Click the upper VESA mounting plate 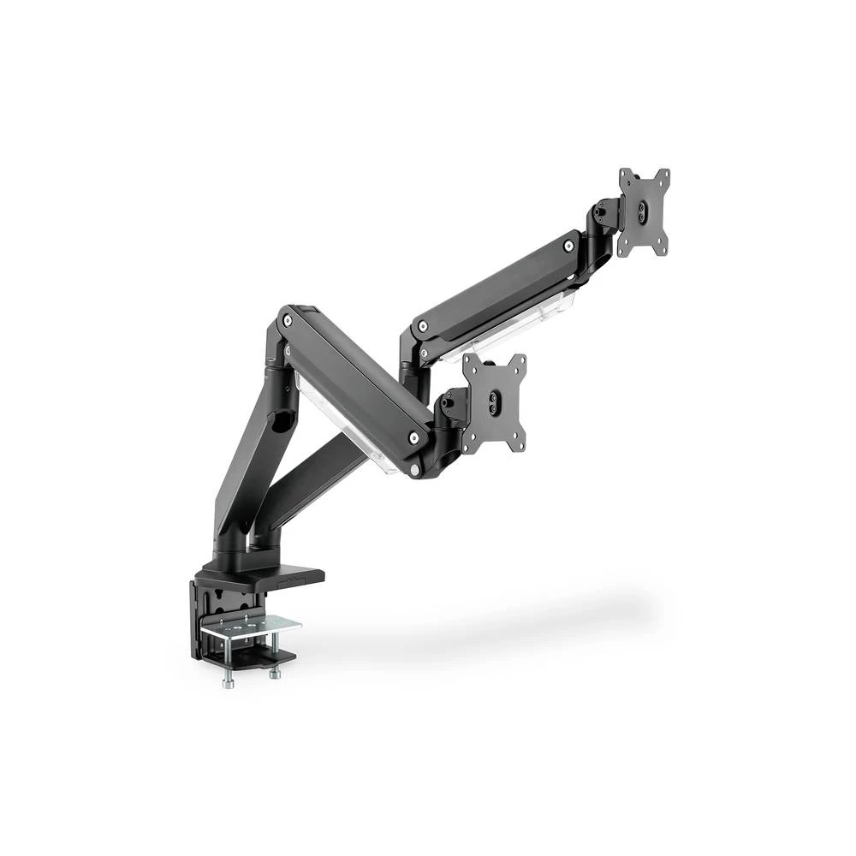[x=644, y=211]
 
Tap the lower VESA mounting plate [x=494, y=402]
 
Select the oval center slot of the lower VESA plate [x=493, y=403]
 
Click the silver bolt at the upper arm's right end [x=568, y=247]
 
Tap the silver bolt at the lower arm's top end [x=288, y=321]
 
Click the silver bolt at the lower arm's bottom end [x=414, y=438]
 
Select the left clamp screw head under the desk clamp [x=229, y=682]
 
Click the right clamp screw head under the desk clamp [x=274, y=675]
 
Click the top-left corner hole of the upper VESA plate [x=625, y=175]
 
